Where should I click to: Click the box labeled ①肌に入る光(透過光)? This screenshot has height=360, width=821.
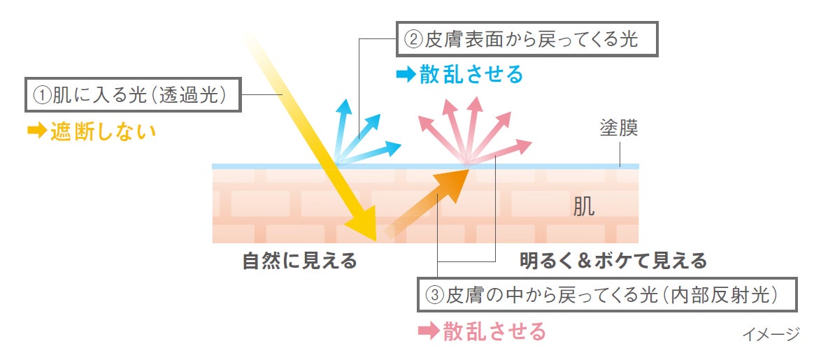pyautogui.click(x=134, y=95)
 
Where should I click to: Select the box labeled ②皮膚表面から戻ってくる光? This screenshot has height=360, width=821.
pyautogui.click(x=528, y=39)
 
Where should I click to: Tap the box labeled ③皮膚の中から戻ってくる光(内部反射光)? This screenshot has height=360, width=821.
pyautogui.click(x=607, y=295)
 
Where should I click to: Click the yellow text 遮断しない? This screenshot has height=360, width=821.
pyautogui.click(x=103, y=131)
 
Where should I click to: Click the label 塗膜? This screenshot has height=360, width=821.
pyautogui.click(x=618, y=129)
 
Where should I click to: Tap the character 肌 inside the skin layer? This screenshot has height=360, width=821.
pyautogui.click(x=584, y=206)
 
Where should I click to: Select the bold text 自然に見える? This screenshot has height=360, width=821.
pyautogui.click(x=299, y=261)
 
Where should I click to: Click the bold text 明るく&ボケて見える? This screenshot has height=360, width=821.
pyautogui.click(x=613, y=261)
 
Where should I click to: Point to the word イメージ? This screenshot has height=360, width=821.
pyautogui.click(x=770, y=335)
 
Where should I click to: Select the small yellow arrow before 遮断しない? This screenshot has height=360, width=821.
pyautogui.click(x=36, y=131)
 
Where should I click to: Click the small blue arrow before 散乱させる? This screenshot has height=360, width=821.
pyautogui.click(x=406, y=74)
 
